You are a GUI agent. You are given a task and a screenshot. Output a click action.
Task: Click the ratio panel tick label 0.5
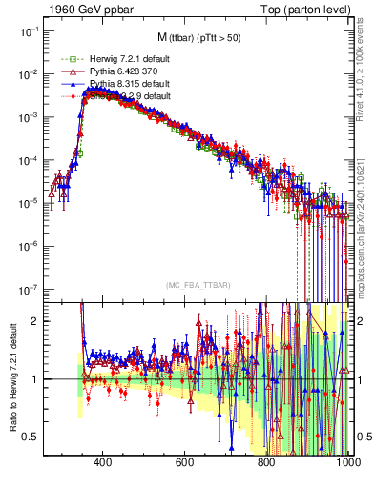31,437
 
